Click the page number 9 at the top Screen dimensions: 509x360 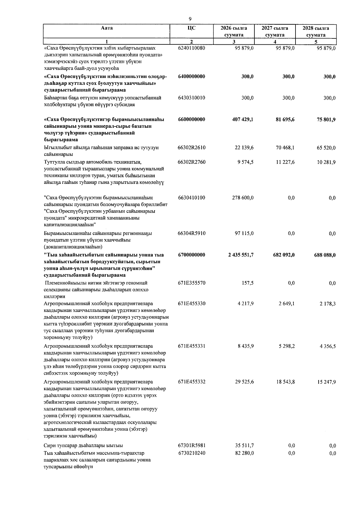190,19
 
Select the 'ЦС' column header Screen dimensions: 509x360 191,28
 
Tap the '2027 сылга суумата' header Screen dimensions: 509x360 275,31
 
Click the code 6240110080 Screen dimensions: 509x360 191,48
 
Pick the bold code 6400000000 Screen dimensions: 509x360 191,76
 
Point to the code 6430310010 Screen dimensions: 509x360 191,98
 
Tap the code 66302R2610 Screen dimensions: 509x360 191,148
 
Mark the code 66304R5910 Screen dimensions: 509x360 191,233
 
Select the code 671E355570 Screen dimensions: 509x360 191,283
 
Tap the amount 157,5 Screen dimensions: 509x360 247,283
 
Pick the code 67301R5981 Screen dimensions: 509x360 191,446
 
